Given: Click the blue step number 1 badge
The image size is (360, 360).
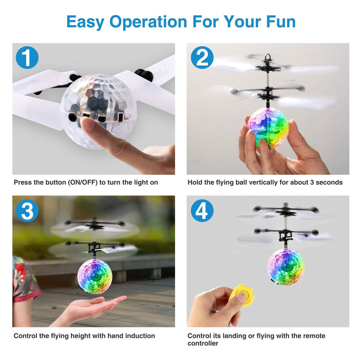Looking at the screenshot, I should [x=27, y=58].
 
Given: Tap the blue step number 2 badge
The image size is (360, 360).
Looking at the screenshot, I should [x=202, y=58].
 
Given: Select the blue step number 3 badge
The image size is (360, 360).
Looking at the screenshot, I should [x=27, y=210].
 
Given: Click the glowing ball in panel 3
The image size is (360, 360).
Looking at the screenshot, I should [x=95, y=276].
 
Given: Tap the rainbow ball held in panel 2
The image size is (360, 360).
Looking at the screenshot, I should [x=268, y=127].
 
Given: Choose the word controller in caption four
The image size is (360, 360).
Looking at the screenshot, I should [x=203, y=343].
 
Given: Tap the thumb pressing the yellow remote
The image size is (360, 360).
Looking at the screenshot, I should [x=240, y=297].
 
